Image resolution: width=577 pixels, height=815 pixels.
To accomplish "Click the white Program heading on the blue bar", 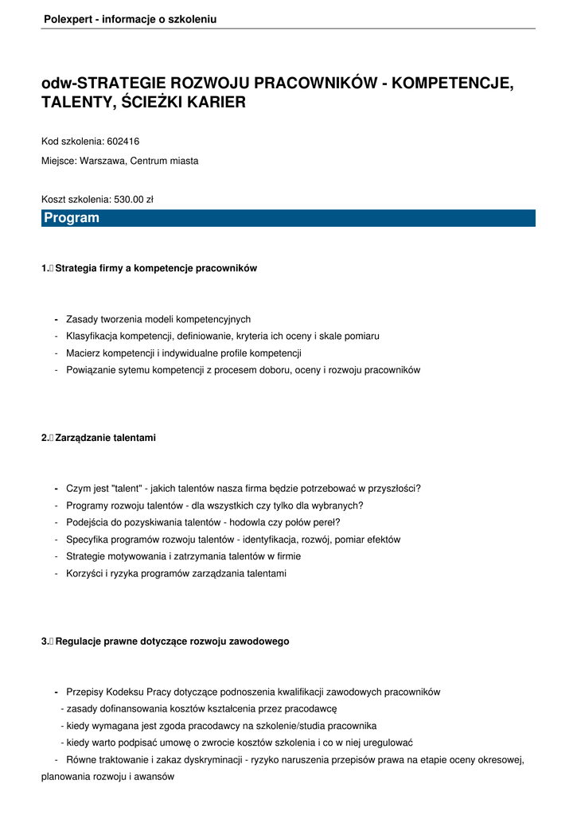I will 72,218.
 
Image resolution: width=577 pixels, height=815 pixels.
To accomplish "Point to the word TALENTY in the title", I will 74,103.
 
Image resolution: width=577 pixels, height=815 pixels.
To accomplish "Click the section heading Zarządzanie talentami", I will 105,438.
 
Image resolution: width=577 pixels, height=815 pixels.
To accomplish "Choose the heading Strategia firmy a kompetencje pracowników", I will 156,268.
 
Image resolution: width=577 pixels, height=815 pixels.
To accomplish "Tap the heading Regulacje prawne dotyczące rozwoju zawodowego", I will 172,641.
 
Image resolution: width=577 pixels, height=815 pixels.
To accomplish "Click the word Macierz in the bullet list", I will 84,353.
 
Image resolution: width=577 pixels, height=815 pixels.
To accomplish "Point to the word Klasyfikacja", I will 93,336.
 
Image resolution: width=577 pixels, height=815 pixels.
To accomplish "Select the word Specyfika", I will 88,540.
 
